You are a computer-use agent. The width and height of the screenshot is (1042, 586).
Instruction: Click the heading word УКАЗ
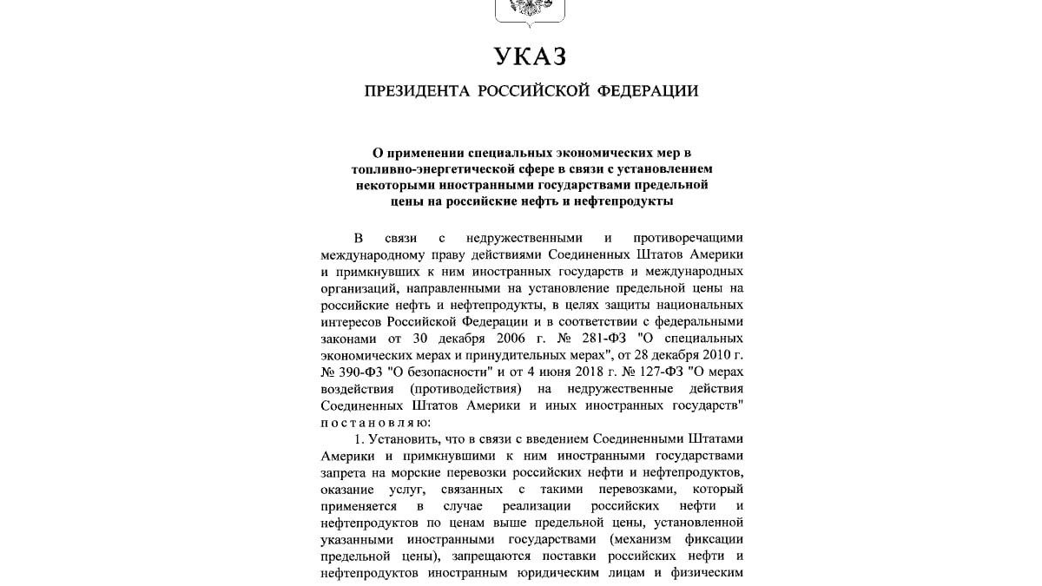click(x=530, y=57)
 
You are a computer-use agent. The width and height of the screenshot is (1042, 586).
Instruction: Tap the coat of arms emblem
click(x=530, y=10)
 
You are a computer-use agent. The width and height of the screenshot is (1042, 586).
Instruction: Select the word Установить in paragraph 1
click(x=402, y=441)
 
